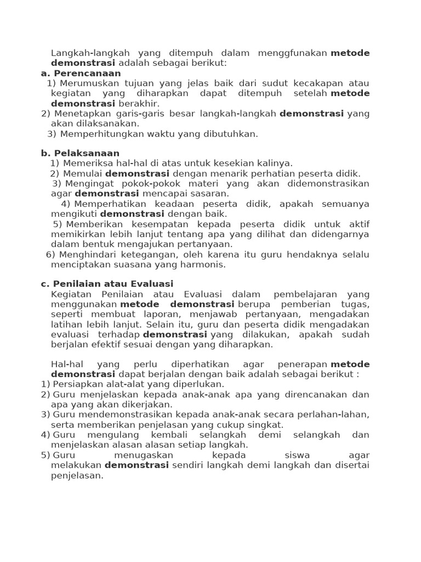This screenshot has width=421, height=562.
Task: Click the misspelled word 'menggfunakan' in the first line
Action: (296, 53)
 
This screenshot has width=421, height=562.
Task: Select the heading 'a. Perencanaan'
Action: (81, 73)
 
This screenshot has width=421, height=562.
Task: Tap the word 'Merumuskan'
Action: (85, 83)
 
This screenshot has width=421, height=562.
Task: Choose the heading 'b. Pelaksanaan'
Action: (80, 153)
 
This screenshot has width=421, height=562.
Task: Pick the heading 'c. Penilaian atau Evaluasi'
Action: (107, 284)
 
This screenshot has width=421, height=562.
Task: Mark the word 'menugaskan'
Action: (144, 456)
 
